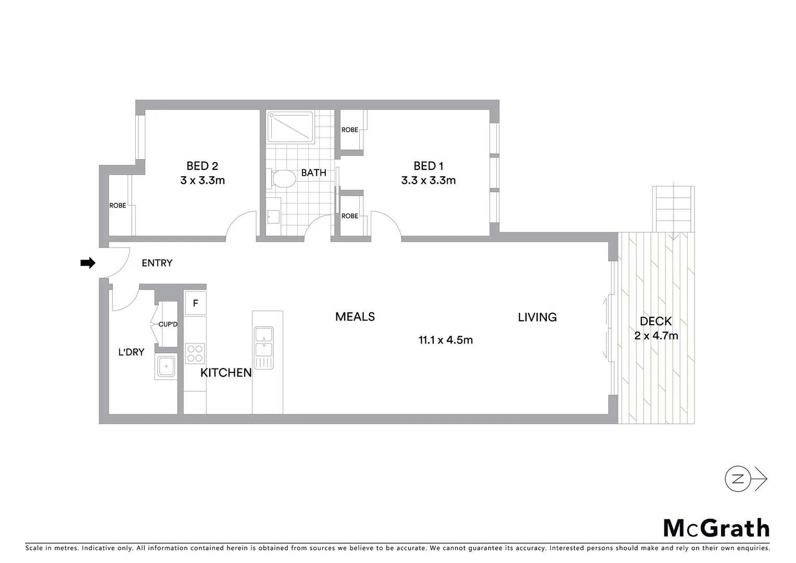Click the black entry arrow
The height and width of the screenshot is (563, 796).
point(87,263)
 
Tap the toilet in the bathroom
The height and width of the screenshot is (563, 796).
point(282,179)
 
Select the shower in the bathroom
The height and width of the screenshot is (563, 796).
point(290,127)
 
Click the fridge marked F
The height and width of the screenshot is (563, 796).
point(195,303)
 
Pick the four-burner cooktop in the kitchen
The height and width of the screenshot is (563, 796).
point(195,353)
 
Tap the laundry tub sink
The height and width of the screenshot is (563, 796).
point(167,366)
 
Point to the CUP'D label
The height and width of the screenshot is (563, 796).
point(168,324)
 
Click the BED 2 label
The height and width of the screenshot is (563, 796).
point(202,166)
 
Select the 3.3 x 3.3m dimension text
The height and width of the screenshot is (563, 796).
point(428,180)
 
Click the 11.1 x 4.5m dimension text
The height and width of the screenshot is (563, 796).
point(446,340)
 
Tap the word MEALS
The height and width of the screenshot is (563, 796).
point(355,316)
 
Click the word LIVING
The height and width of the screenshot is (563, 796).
point(537,317)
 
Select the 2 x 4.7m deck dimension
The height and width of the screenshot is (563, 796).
point(656,336)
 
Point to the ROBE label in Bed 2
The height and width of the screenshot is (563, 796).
point(118,205)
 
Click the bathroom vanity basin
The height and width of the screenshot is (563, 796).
point(273,216)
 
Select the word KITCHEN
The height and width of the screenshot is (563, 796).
point(226,373)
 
